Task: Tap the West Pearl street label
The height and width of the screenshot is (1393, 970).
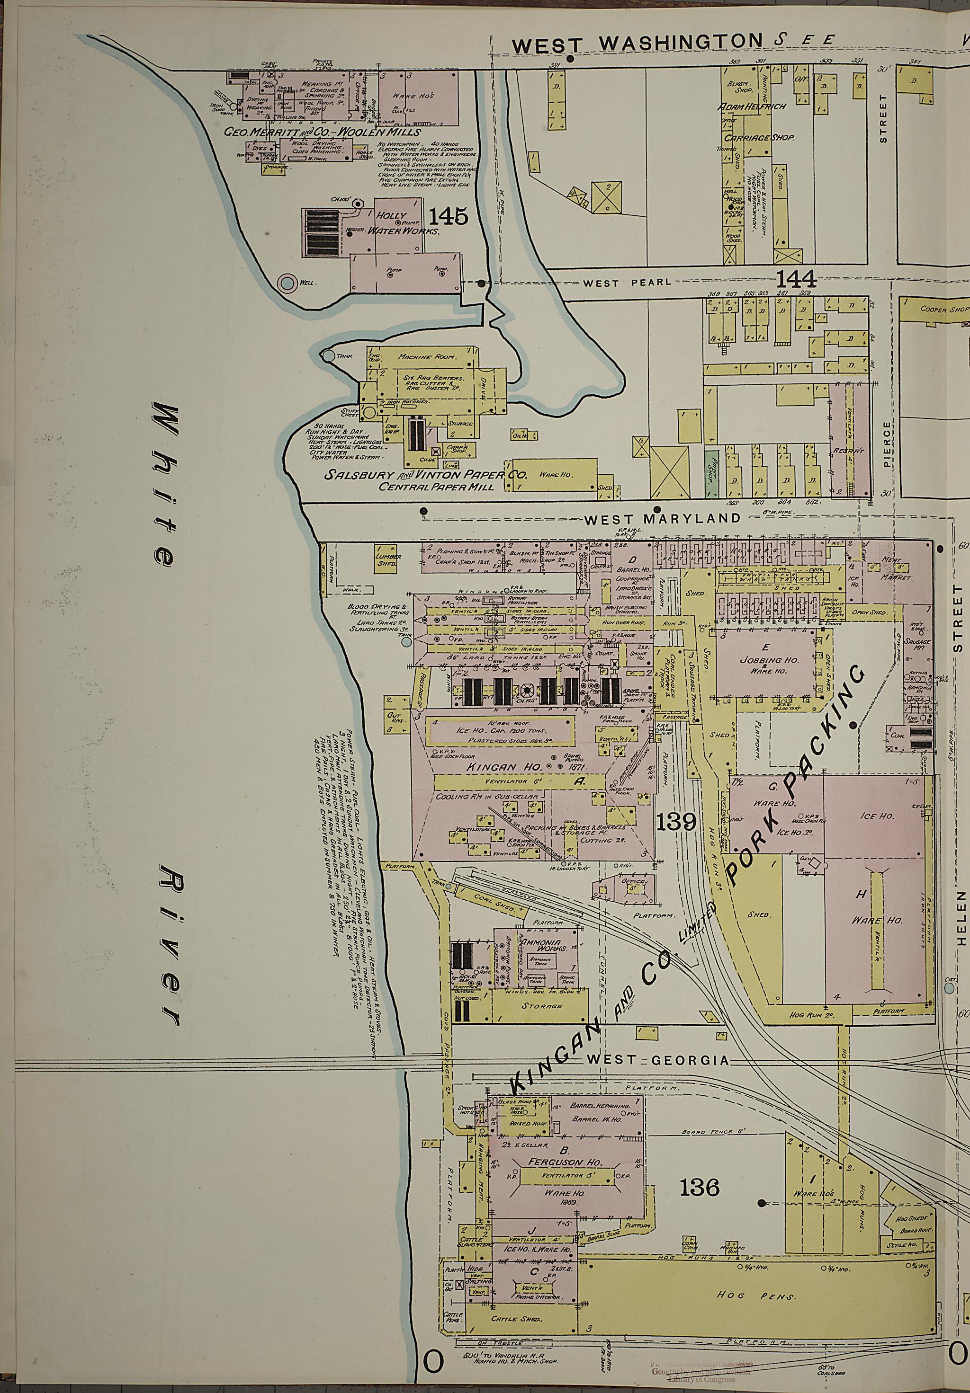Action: (x=627, y=282)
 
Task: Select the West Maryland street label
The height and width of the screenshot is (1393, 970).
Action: (x=663, y=518)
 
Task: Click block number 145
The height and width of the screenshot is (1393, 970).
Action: (x=448, y=215)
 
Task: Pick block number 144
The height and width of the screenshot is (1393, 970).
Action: (x=796, y=279)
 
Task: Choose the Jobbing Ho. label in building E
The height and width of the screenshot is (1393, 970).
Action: (x=765, y=660)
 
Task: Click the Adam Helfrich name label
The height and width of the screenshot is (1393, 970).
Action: (x=752, y=107)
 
